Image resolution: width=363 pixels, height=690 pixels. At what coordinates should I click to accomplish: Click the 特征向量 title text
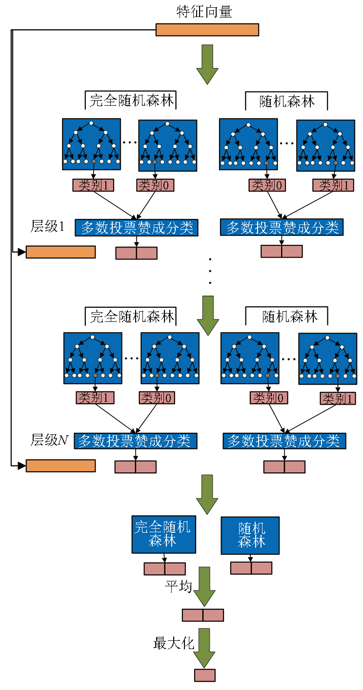(x=204, y=12)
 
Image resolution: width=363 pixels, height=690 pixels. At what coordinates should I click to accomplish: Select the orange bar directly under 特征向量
(x=207, y=30)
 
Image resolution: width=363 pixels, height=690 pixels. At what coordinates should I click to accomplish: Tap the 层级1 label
(x=47, y=226)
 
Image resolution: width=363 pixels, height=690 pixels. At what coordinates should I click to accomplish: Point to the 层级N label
(x=49, y=440)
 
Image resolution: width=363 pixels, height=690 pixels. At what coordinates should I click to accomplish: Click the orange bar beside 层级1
(x=60, y=252)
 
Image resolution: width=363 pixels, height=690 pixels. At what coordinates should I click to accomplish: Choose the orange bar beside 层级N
(x=60, y=466)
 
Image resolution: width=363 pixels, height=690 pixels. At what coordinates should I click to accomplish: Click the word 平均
(x=178, y=586)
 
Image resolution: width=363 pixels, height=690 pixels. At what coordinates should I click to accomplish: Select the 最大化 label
(x=174, y=643)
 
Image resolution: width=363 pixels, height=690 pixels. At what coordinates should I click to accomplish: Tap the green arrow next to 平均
(x=204, y=586)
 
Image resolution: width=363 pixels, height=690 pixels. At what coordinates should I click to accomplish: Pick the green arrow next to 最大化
(x=204, y=647)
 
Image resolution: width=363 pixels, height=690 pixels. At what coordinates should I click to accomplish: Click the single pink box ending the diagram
(x=204, y=675)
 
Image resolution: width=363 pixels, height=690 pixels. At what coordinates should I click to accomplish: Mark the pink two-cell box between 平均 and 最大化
(x=203, y=615)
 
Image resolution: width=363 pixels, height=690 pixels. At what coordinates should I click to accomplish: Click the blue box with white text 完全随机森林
(x=163, y=534)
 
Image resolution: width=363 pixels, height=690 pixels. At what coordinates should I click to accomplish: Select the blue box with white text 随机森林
(x=250, y=535)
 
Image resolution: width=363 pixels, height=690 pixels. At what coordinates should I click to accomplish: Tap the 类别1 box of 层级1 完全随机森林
(x=93, y=185)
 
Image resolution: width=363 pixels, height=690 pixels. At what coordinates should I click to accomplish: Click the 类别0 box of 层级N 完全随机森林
(x=157, y=398)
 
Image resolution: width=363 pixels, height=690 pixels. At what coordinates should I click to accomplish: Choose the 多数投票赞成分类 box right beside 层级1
(x=136, y=227)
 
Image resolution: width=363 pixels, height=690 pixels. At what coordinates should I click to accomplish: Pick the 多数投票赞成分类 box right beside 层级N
(x=136, y=441)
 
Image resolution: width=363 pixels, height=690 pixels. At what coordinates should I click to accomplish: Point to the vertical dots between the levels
(x=210, y=271)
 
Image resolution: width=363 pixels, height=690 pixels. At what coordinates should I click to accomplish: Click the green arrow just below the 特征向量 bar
(x=207, y=64)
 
